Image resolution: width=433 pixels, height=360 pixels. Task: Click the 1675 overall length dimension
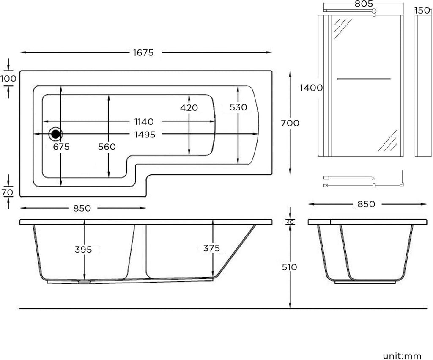point(143,52)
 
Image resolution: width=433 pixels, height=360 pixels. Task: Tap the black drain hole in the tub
point(55,134)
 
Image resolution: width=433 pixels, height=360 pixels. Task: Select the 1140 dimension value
point(144,121)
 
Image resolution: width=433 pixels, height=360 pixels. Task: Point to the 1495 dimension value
point(145,135)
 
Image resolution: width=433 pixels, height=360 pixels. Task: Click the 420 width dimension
point(189,107)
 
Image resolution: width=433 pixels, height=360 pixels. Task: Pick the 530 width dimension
point(238,107)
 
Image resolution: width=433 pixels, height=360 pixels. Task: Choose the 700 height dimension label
point(290,123)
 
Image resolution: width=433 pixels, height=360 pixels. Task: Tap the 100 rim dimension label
point(8,79)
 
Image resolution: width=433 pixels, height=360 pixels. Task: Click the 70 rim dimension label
point(8,192)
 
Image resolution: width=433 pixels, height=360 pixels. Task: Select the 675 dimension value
point(61,147)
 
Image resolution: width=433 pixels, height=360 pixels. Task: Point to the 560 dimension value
point(107,147)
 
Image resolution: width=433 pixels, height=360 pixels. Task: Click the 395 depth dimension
point(83,250)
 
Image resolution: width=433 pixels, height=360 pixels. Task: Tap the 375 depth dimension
point(211,248)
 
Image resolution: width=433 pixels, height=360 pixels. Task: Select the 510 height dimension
point(289,267)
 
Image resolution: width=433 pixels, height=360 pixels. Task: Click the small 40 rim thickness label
point(290,222)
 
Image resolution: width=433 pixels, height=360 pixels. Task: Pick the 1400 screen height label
point(311,88)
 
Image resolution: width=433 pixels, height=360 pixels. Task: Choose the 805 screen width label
point(364,4)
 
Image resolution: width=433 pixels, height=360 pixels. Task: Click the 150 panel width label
point(422,11)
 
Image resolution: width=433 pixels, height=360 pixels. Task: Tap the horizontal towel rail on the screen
point(364,79)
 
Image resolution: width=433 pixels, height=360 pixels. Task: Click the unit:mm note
point(402,356)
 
